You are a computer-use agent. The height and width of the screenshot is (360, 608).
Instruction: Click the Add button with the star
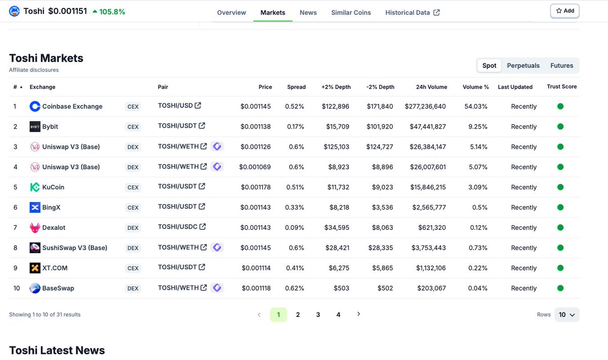click(x=564, y=11)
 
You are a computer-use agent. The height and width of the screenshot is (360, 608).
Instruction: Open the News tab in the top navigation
click(x=308, y=13)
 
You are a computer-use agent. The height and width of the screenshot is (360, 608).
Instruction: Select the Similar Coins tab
click(x=351, y=13)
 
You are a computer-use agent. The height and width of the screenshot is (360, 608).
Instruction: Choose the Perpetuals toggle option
click(x=523, y=65)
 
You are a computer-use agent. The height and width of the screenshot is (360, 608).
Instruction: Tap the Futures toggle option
click(x=561, y=65)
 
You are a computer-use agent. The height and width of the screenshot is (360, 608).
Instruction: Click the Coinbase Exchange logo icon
click(x=35, y=106)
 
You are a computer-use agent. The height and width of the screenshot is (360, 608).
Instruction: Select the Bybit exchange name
click(x=50, y=127)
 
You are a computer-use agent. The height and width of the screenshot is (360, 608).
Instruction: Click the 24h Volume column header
click(x=431, y=87)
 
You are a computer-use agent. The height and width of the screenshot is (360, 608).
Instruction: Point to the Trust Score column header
click(x=561, y=87)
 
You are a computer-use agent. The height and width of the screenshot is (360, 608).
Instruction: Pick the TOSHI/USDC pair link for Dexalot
click(x=178, y=227)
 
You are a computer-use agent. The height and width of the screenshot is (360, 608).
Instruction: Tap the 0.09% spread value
click(x=295, y=228)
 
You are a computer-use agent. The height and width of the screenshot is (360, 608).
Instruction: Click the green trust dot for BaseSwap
click(x=560, y=288)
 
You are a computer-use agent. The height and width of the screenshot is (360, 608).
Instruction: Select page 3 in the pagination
click(x=318, y=314)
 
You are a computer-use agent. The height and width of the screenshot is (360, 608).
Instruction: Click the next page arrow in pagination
click(x=359, y=314)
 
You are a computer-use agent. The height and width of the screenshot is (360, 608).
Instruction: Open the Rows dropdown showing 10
click(x=566, y=314)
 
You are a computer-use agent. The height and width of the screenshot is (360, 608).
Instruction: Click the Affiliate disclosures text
click(x=33, y=70)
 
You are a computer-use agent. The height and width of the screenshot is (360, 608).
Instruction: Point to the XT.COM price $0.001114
click(x=256, y=268)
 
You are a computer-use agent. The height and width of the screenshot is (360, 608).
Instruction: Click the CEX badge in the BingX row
click(x=133, y=208)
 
